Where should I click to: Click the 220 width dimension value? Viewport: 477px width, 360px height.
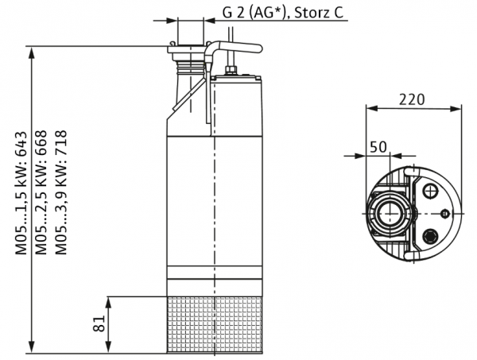412,99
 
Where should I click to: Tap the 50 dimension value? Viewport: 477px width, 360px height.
378,147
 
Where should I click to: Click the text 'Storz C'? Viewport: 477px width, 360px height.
319,13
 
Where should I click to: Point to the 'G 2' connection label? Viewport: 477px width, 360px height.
233,13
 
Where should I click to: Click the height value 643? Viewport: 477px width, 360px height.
21,144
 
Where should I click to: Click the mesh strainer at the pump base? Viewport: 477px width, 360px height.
215,325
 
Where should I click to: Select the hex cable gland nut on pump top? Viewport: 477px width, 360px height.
231,71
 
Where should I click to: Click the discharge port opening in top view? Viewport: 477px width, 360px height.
389,213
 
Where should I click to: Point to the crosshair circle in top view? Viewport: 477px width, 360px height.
430,192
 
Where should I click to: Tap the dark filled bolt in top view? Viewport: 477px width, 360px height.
430,236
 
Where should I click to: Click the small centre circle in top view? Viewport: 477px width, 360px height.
445,214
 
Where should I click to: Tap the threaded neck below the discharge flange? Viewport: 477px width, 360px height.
191,67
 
